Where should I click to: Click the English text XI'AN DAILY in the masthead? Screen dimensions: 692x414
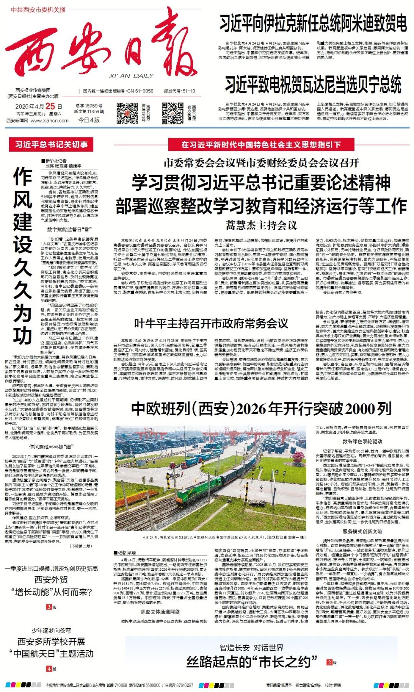pyautogui.click(x=131, y=76)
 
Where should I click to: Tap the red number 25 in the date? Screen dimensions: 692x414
pyautogui.click(x=50, y=106)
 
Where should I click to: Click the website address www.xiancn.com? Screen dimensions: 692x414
pyautogui.click(x=49, y=120)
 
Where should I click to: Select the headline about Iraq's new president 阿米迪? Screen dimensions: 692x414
pyautogui.click(x=313, y=23)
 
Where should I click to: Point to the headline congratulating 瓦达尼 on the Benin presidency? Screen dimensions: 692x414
pyautogui.click(x=313, y=85)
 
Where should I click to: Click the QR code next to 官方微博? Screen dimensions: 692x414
pyautogui.click(x=172, y=113)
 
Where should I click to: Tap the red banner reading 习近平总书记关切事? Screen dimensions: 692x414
pyautogui.click(x=51, y=145)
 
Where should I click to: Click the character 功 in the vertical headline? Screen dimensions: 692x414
pyautogui.click(x=22, y=335)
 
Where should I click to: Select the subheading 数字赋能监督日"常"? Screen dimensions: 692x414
pyautogui.click(x=69, y=230)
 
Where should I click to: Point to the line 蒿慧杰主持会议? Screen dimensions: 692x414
pyautogui.click(x=261, y=225)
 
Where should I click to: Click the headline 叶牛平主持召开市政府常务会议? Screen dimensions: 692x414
pyautogui.click(x=211, y=324)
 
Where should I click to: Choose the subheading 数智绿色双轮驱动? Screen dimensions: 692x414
pyautogui.click(x=362, y=442)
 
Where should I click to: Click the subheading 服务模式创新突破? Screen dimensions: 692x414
pyautogui.click(x=362, y=531)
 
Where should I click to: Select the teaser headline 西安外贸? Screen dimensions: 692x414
pyautogui.click(x=51, y=580)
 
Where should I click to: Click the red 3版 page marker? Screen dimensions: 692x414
pyautogui.click(x=51, y=607)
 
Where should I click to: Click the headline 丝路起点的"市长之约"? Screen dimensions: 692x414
pyautogui.click(x=252, y=661)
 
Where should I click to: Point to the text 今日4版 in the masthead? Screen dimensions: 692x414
pyautogui.click(x=89, y=120)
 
